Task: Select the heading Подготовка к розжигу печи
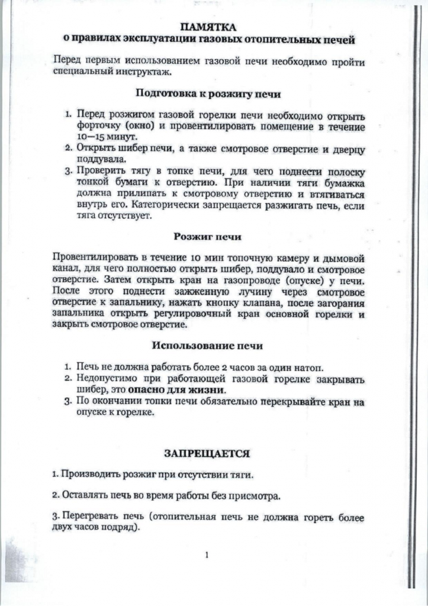click(208, 94)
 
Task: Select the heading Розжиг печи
click(207, 237)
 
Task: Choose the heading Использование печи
click(208, 345)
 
